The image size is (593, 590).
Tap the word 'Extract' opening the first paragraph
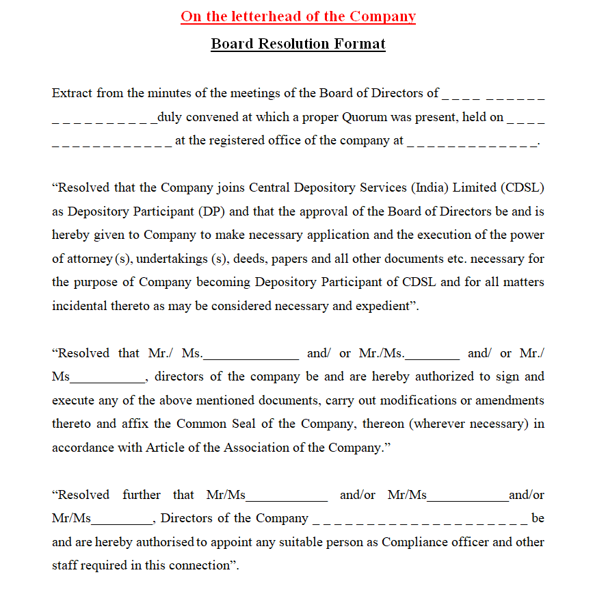73,93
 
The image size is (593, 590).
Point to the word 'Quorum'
367,117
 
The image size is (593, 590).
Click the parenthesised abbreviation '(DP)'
213,211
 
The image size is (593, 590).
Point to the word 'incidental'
79,306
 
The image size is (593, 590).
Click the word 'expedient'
384,306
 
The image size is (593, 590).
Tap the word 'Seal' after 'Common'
248,424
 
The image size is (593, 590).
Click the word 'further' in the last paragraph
142,495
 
